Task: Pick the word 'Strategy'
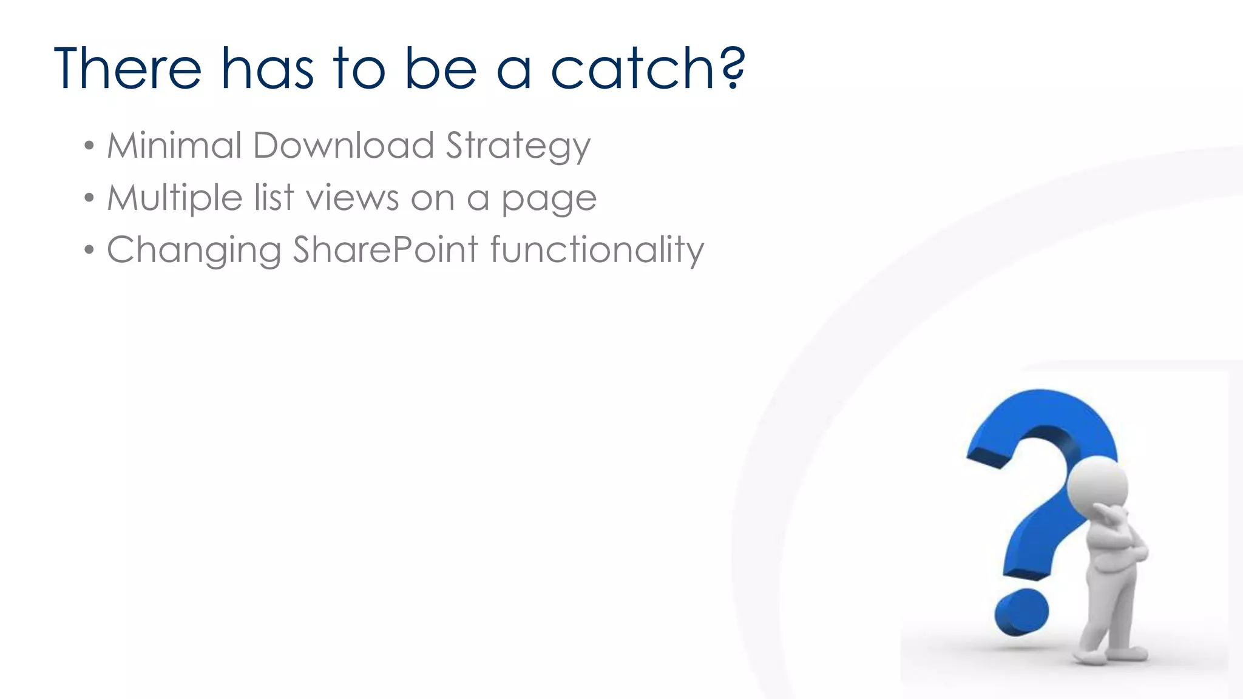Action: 518,147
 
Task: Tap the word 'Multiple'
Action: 175,198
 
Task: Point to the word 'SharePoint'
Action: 385,250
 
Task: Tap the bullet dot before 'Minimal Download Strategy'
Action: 89,146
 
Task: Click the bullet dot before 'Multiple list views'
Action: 89,198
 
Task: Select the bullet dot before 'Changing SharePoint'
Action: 89,250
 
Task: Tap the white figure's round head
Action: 1097,486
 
